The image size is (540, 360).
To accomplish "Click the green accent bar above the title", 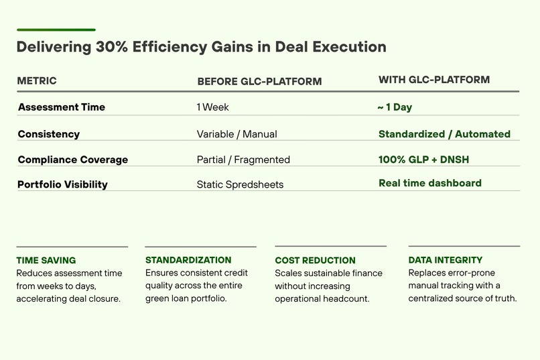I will pyautogui.click(x=56, y=29).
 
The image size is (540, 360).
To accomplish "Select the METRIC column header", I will pyautogui.click(x=37, y=81).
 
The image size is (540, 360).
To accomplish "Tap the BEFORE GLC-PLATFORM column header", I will pyautogui.click(x=259, y=82).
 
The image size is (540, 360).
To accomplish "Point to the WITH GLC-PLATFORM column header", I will pyautogui.click(x=434, y=80).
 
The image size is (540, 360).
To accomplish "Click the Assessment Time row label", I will pyautogui.click(x=62, y=107).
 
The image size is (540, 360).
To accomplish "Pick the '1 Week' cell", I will pyautogui.click(x=213, y=107).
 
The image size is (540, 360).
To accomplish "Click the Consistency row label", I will pyautogui.click(x=49, y=134).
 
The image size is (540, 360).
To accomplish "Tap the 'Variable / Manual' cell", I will pyautogui.click(x=237, y=134).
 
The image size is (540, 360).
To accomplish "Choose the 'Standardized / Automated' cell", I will pyautogui.click(x=444, y=134).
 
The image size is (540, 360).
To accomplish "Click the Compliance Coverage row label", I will pyautogui.click(x=73, y=160).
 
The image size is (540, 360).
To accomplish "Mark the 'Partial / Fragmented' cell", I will pyautogui.click(x=243, y=160).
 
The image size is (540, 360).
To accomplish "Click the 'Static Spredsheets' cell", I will pyautogui.click(x=240, y=184).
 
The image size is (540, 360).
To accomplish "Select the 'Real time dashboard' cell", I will pyautogui.click(x=430, y=183).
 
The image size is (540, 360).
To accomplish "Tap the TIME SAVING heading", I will pyautogui.click(x=46, y=260).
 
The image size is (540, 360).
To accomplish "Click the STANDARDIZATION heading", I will pyautogui.click(x=188, y=259).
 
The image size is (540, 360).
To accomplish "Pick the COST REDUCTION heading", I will pyautogui.click(x=315, y=260).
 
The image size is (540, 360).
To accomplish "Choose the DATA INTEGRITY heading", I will pyautogui.click(x=446, y=259).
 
